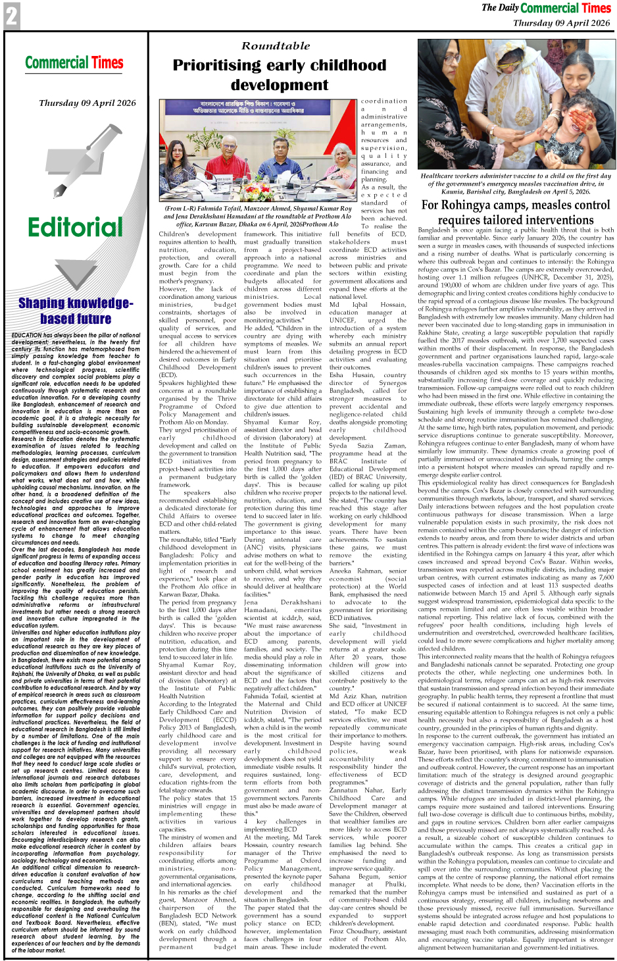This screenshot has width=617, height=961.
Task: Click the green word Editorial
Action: click(x=75, y=227)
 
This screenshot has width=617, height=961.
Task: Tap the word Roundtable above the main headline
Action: click(x=276, y=46)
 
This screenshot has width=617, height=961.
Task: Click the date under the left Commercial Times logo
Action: click(x=87, y=103)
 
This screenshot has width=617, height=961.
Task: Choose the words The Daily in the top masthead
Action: click(x=499, y=8)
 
